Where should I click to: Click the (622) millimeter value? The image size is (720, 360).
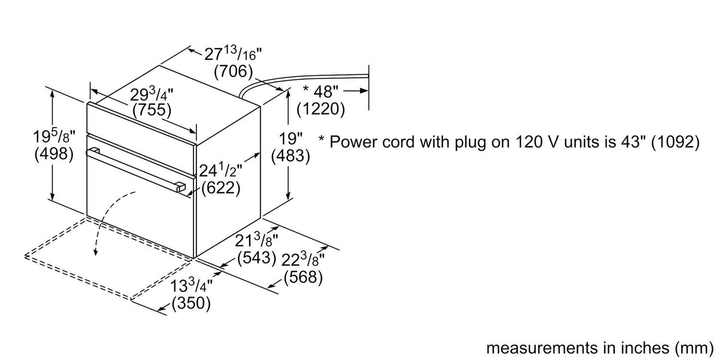click(x=221, y=188)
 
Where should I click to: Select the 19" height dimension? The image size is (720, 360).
click(x=290, y=139)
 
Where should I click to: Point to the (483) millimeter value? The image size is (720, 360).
click(x=290, y=156)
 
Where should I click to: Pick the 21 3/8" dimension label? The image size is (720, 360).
click(x=256, y=240)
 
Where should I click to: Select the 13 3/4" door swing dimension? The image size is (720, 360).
click(x=191, y=287)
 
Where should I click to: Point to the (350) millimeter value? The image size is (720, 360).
click(x=191, y=303)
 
